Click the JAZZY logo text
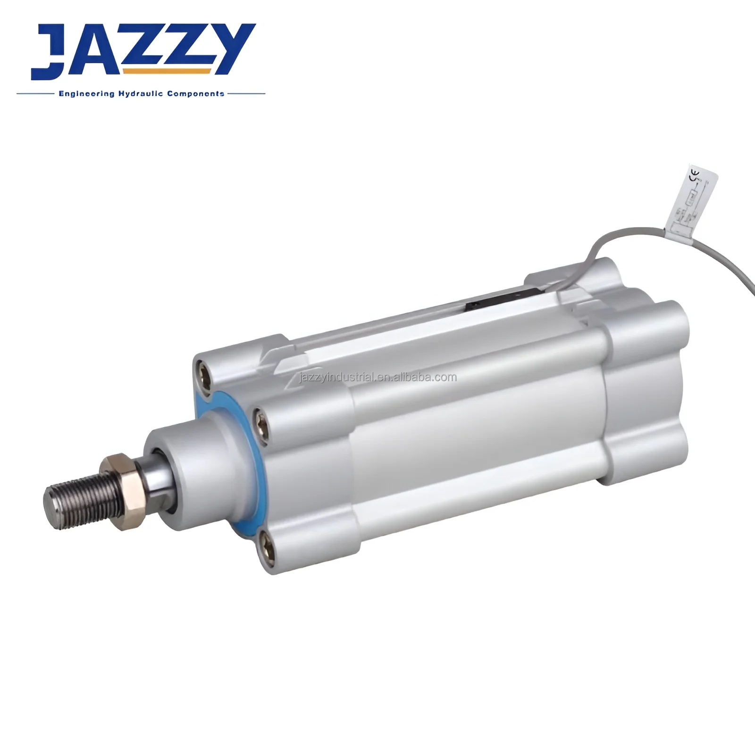[x=142, y=51]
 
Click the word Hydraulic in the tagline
[x=140, y=94]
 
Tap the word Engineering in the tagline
[x=86, y=94]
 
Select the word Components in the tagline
[x=195, y=94]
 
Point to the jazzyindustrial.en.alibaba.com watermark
[x=378, y=377]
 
